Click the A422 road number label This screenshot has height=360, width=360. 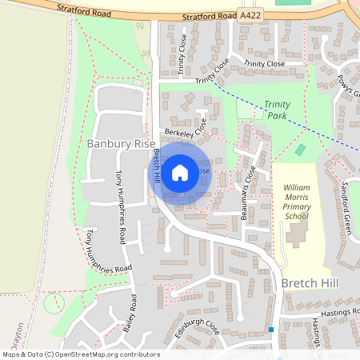pyautogui.click(x=250, y=15)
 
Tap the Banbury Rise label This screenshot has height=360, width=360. pyautogui.click(x=122, y=144)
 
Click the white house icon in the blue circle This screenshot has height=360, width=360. pyautogui.click(x=180, y=172)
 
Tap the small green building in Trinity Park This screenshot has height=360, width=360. pyautogui.click(x=300, y=150)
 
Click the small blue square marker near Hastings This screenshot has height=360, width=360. pyautogui.click(x=271, y=330)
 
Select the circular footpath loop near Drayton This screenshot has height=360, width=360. pyautogui.click(x=54, y=304)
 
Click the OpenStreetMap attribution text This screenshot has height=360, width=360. pyautogui.click(x=80, y=354)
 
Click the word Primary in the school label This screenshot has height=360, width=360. pyautogui.click(x=295, y=206)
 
